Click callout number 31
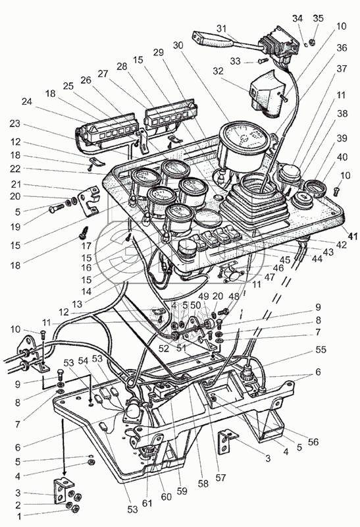(x=222, y=29)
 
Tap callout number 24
(x=27, y=101)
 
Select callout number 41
(x=352, y=236)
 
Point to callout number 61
(x=147, y=503)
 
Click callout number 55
(x=321, y=350)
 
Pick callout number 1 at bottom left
(x=19, y=516)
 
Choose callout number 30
(x=178, y=45)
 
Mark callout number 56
(x=313, y=441)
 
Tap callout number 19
(x=15, y=227)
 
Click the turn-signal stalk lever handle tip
(x=197, y=36)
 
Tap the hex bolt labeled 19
(x=56, y=209)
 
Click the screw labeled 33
(x=263, y=61)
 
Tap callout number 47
(x=269, y=277)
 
